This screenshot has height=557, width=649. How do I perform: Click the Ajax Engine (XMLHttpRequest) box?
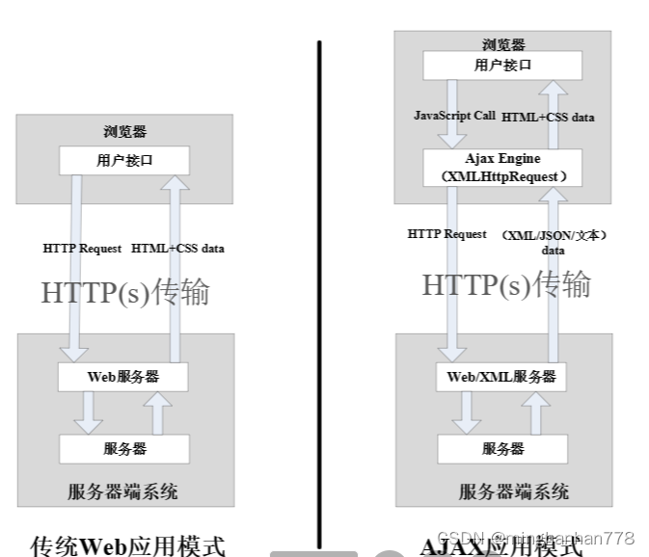pyautogui.click(x=502, y=167)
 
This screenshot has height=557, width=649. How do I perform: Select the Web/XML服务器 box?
pyautogui.click(x=501, y=377)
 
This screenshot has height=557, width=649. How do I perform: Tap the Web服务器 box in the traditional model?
pyautogui.click(x=123, y=377)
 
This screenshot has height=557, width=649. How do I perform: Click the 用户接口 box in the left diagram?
pyautogui.click(x=124, y=160)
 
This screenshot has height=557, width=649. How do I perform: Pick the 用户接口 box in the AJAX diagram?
pyautogui.click(x=502, y=66)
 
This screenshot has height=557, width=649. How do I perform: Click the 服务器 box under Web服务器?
pyautogui.click(x=124, y=449)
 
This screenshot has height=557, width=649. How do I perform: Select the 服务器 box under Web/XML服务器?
pyautogui.click(x=502, y=449)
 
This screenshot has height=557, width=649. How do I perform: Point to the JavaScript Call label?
pyautogui.click(x=454, y=116)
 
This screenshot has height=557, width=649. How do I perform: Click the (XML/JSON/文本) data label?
pyautogui.click(x=554, y=242)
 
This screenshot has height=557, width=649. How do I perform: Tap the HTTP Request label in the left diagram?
pyautogui.click(x=82, y=248)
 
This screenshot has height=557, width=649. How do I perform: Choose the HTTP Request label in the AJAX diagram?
pyautogui.click(x=446, y=234)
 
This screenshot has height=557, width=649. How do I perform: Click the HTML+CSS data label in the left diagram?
pyautogui.click(x=177, y=248)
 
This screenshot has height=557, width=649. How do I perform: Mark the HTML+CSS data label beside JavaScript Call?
pyautogui.click(x=548, y=117)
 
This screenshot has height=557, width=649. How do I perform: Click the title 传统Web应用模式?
pyautogui.click(x=128, y=546)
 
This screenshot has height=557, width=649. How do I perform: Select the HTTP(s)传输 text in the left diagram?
pyautogui.click(x=124, y=292)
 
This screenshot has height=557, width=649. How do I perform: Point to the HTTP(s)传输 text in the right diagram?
pyautogui.click(x=506, y=284)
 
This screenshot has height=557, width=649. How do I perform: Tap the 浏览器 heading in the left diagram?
pyautogui.click(x=124, y=132)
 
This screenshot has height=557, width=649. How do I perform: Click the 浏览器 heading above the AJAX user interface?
pyautogui.click(x=503, y=44)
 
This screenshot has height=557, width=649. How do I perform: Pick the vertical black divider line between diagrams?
pyautogui.click(x=319, y=289)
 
